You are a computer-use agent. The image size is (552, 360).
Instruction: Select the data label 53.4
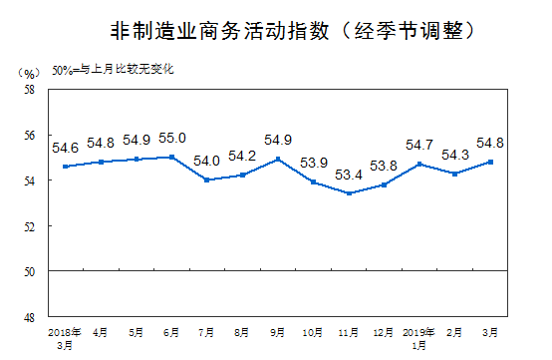(348, 177)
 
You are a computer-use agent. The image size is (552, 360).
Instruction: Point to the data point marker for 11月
(348, 192)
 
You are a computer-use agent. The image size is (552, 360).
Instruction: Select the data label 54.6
(67, 147)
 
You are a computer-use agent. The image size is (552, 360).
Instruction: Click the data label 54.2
(242, 157)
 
